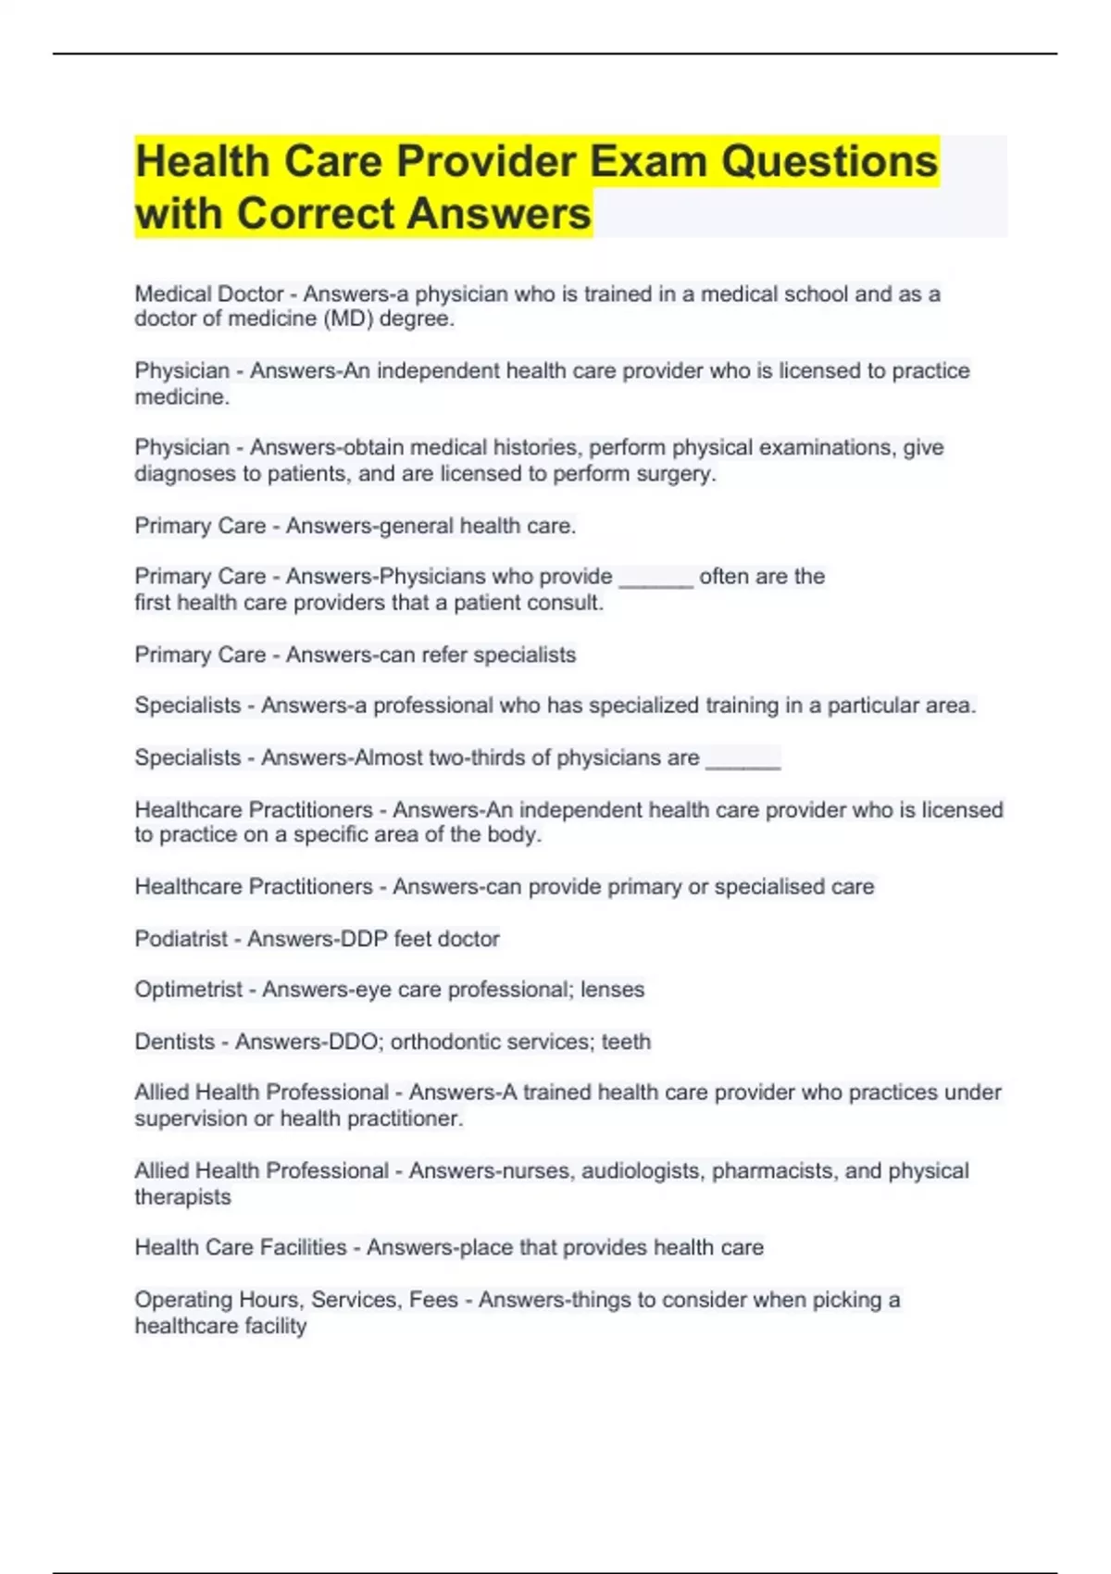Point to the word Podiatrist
[181, 939]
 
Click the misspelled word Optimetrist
[189, 990]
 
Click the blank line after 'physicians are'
[743, 761]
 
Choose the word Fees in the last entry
[433, 1300]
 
